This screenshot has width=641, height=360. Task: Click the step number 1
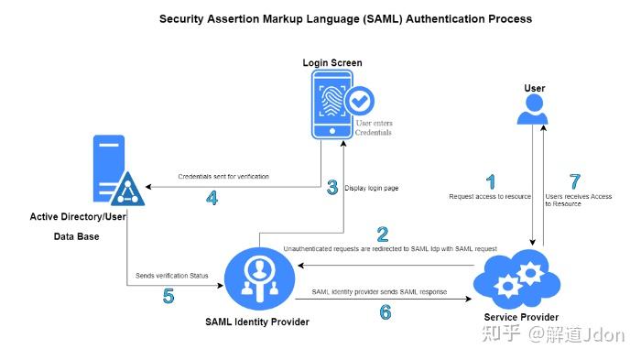pyautogui.click(x=491, y=181)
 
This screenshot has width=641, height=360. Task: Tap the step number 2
pyautogui.click(x=383, y=234)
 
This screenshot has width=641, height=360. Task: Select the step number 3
pyautogui.click(x=331, y=188)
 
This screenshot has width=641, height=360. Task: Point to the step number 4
pyautogui.click(x=212, y=197)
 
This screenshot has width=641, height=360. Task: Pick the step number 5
pyautogui.click(x=168, y=296)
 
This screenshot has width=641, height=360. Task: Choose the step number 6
pyautogui.click(x=385, y=312)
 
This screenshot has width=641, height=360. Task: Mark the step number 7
pyautogui.click(x=575, y=181)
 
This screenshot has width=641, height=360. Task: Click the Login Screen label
pyautogui.click(x=332, y=63)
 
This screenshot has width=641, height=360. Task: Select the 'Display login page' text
pyautogui.click(x=371, y=188)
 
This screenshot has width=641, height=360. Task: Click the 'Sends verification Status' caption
pyautogui.click(x=171, y=275)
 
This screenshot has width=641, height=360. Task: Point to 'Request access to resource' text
pyautogui.click(x=491, y=197)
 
